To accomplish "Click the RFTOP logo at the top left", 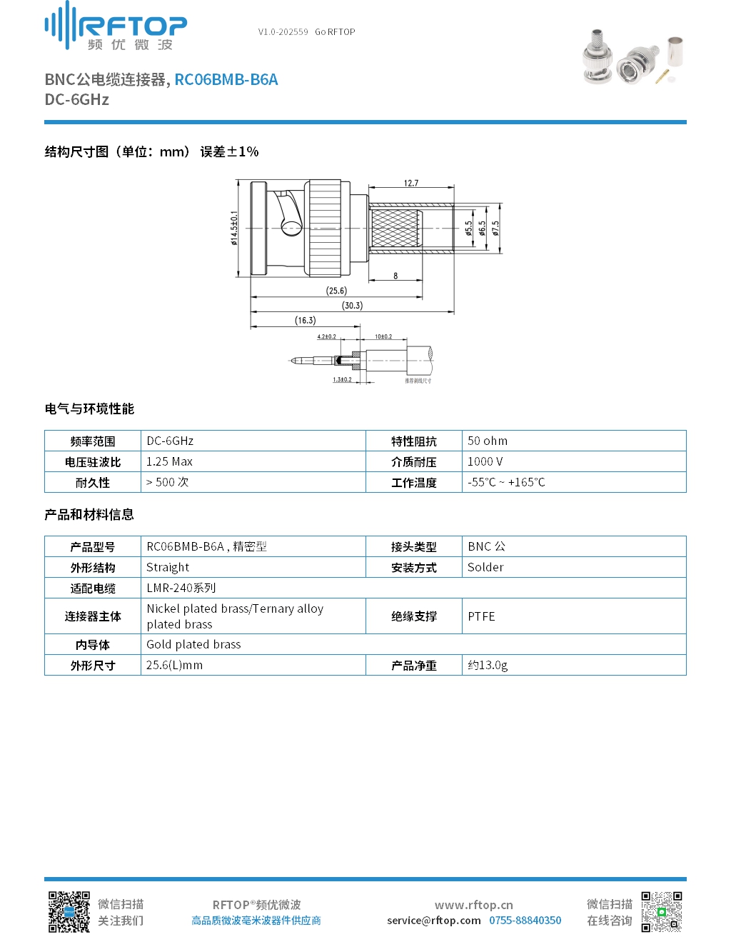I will [x=116, y=26].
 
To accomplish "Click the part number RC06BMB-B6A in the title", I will [x=226, y=80].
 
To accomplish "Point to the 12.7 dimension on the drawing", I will [x=411, y=184].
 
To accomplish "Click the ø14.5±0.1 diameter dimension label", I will [x=234, y=228].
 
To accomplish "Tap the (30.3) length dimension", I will [x=352, y=306].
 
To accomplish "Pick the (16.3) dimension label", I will [x=305, y=321].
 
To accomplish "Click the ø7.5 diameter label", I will [x=495, y=228].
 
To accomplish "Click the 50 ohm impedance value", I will [x=488, y=441].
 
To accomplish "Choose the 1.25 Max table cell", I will [x=169, y=462].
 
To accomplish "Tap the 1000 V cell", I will [x=485, y=462].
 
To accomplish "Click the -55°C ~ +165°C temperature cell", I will [x=506, y=483].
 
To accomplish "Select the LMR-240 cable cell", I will [x=181, y=588].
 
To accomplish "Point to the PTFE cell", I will [x=481, y=616].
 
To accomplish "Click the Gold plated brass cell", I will [x=193, y=645].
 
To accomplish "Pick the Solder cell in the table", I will [x=485, y=568].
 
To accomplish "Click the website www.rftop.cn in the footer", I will [x=474, y=906].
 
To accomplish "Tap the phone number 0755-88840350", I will [x=525, y=921].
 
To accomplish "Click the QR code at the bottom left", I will [x=69, y=912].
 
